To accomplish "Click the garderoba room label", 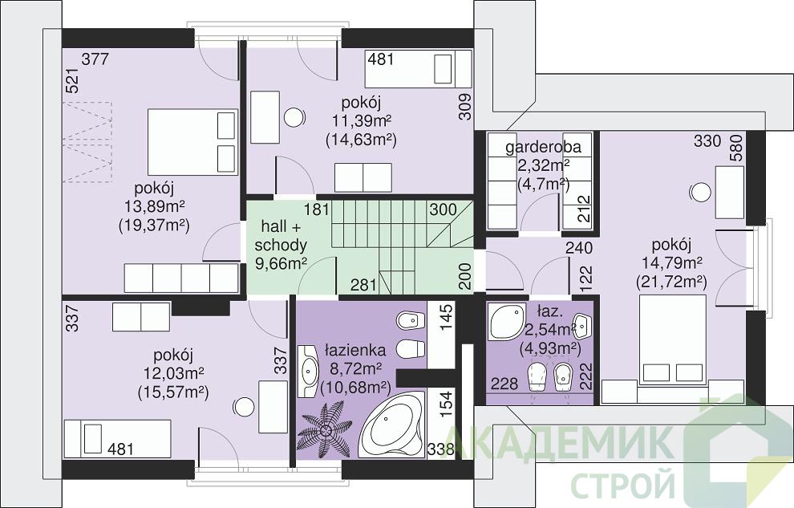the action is point(543,148).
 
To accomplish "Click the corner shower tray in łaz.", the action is point(507,322).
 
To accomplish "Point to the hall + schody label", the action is point(281,235).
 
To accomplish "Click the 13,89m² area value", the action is point(154,206).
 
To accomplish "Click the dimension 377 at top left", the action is point(95,59).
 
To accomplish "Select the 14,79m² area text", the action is point(671,263).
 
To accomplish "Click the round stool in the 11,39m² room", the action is point(294,117).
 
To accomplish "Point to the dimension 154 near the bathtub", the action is point(446,404).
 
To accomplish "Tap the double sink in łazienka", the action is point(309,371).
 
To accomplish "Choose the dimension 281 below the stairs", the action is point(363,285).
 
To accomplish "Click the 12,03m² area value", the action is point(173,373).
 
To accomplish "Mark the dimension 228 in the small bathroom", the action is point(504,384).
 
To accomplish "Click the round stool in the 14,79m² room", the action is point(700,193).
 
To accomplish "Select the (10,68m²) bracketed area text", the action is point(355,387).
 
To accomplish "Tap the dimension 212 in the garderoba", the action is point(585,209).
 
